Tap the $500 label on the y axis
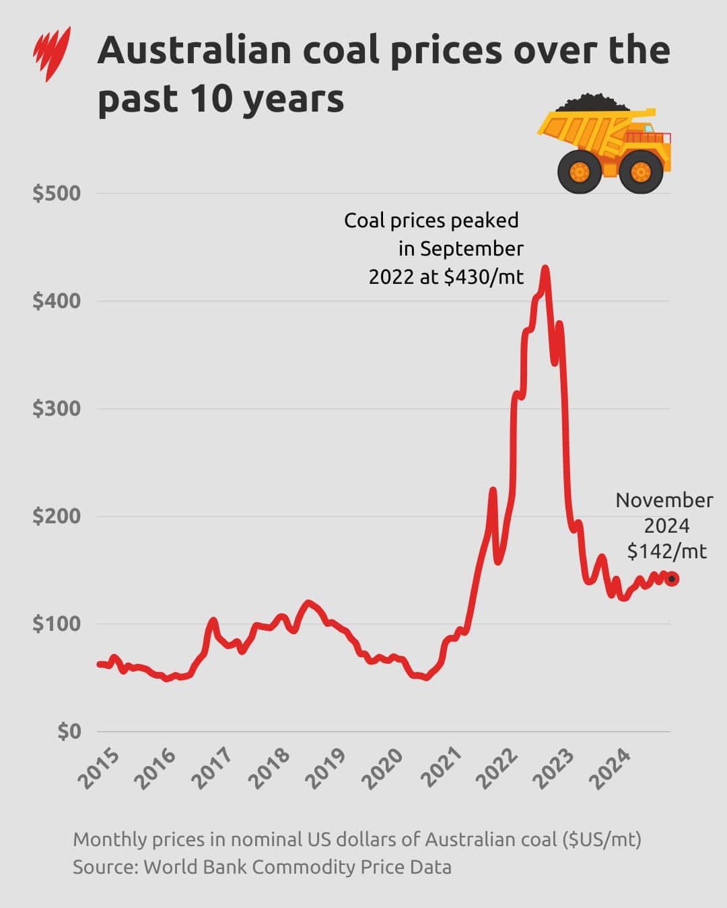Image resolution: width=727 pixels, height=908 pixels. (x=57, y=194)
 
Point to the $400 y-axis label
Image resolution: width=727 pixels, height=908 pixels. (x=57, y=301)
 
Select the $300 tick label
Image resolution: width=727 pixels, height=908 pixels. (x=57, y=408)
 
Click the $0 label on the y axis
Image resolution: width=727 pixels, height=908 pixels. (x=69, y=731)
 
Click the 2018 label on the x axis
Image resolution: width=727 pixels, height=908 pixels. (x=270, y=768)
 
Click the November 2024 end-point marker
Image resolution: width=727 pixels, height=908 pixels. (x=672, y=579)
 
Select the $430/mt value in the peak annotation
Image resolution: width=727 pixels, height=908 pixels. (x=483, y=277)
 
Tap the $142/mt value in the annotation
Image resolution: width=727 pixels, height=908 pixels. (x=666, y=552)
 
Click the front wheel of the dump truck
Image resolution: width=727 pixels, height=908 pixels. (x=641, y=173)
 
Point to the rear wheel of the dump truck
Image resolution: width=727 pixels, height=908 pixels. (x=579, y=172)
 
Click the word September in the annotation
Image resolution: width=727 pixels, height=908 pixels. (x=471, y=249)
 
